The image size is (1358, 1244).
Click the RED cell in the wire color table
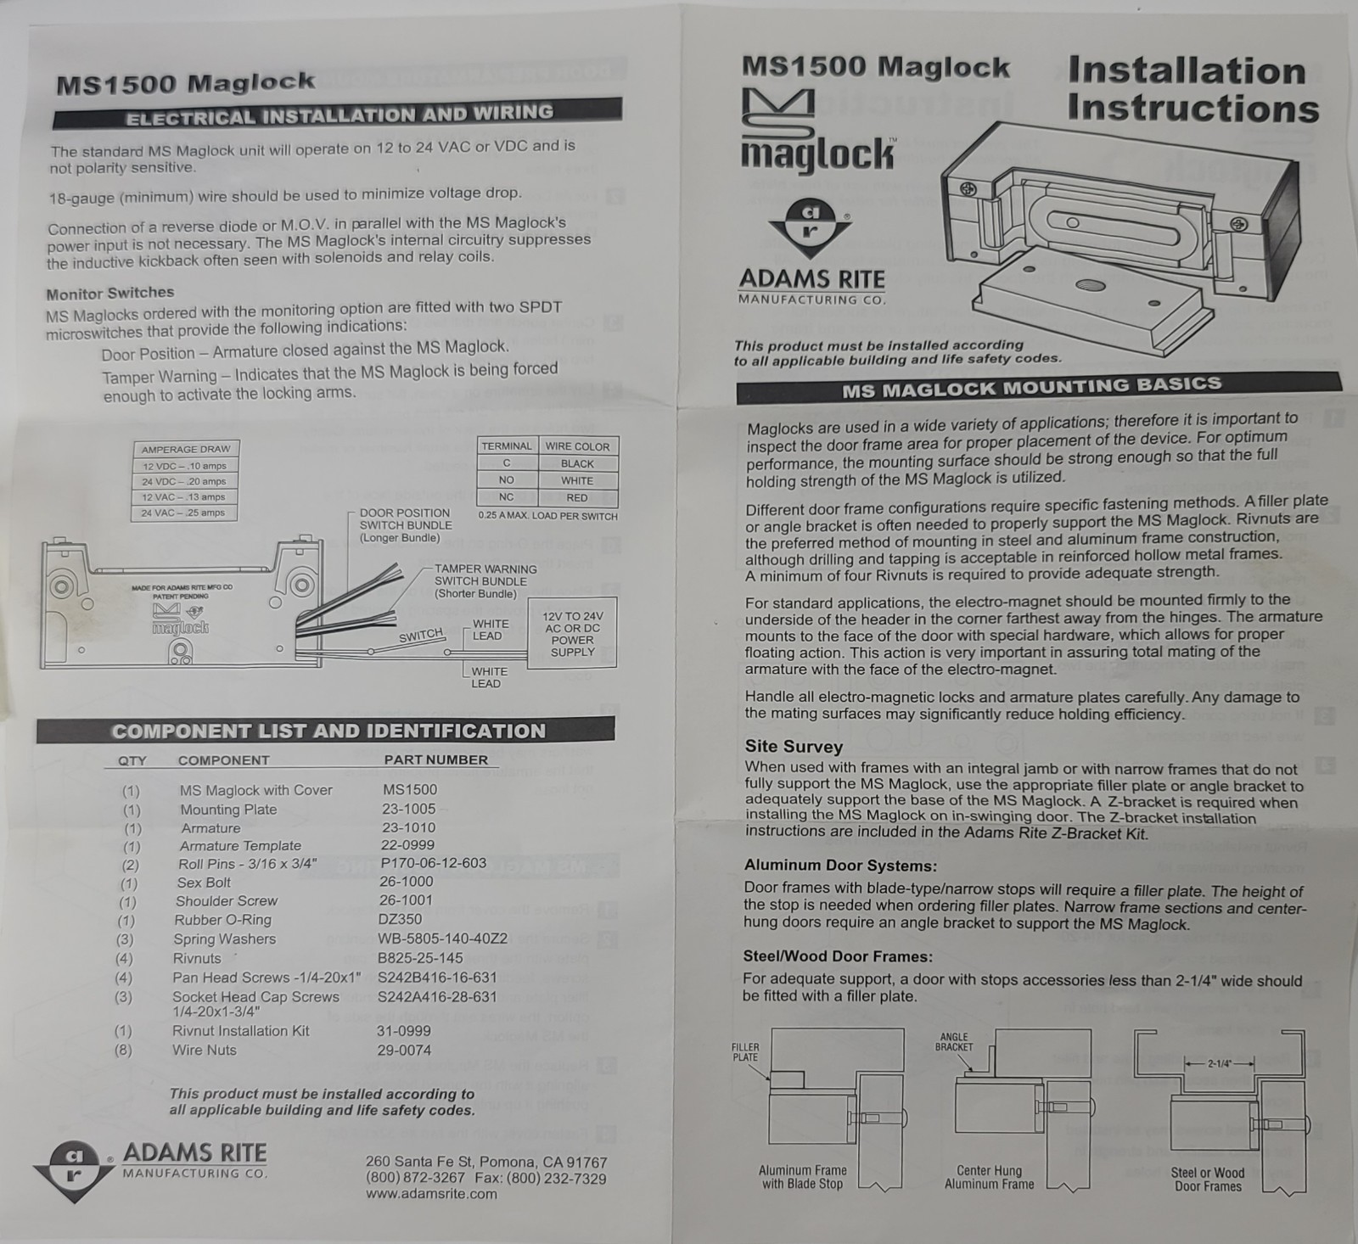577,497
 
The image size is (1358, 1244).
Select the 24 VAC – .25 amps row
184,513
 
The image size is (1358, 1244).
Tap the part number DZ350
400,919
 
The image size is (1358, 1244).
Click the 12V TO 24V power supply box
572,634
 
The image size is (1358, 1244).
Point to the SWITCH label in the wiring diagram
422,636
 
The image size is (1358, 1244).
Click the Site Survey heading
794,747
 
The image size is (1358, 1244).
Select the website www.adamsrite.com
431,1194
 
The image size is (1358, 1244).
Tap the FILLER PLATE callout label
745,1052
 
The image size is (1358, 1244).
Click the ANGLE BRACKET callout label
954,1042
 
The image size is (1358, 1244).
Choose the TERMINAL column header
507,446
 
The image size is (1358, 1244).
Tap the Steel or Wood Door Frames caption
1208,1180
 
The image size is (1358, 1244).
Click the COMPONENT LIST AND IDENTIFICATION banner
328,731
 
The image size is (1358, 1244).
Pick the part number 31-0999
403,1031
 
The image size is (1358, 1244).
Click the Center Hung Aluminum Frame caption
990,1177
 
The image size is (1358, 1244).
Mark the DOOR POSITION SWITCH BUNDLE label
405,525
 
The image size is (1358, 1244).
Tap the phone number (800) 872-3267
415,1178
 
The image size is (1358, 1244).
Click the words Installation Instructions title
1192,90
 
